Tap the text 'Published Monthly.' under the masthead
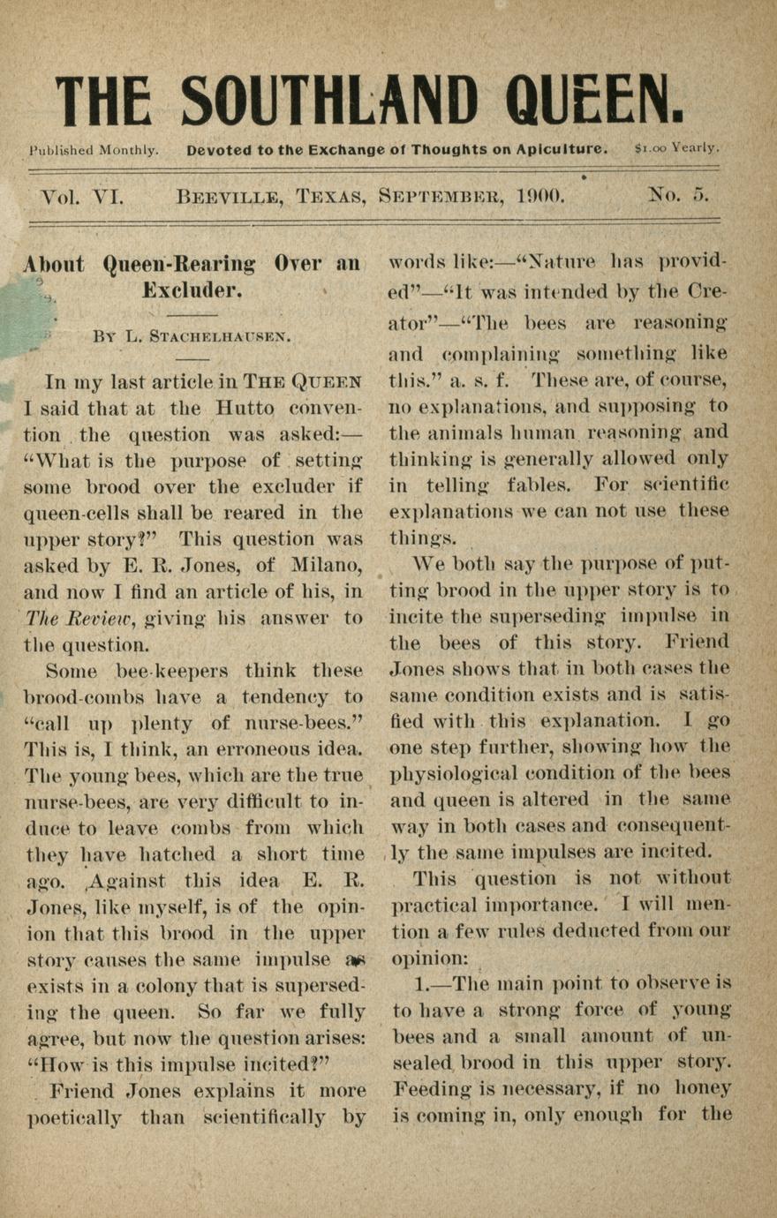pos(94,150)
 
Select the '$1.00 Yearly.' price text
pos(676,148)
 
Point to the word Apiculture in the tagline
pos(562,149)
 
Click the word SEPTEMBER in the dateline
pos(443,196)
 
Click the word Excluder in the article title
pos(192,290)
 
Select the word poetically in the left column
pos(75,1117)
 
